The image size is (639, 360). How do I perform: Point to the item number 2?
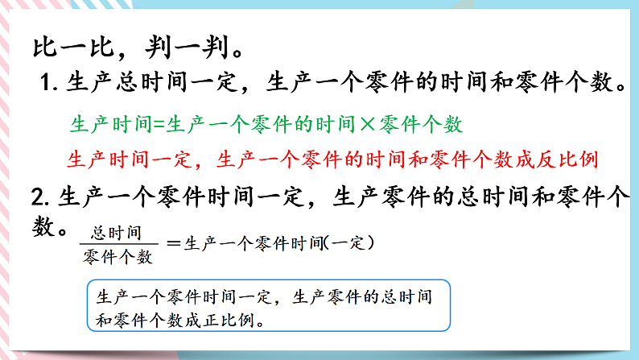pyautogui.click(x=38, y=197)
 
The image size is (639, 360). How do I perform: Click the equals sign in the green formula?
pyautogui.click(x=159, y=125)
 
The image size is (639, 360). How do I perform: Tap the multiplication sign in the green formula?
pyautogui.click(x=366, y=125)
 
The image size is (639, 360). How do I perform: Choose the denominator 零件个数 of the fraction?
pyautogui.click(x=117, y=257)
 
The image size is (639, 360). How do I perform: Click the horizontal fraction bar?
pyautogui.click(x=117, y=245)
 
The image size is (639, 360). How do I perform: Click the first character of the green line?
pyautogui.click(x=79, y=125)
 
